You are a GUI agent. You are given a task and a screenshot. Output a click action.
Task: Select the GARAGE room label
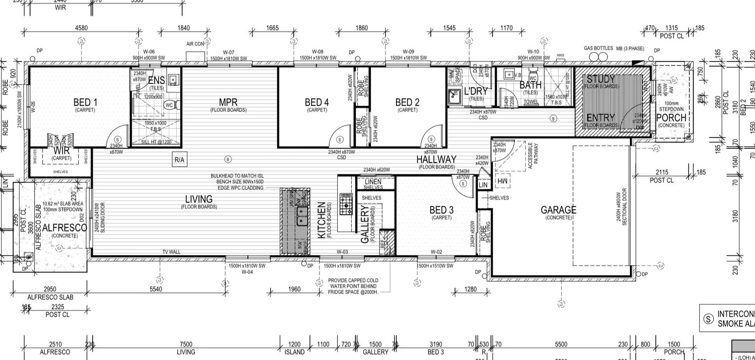(558, 210)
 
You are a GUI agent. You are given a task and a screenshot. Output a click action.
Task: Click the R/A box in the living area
(179, 160)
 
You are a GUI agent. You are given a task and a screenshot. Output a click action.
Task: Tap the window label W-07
(228, 52)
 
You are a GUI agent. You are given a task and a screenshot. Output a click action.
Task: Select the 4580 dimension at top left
(81, 28)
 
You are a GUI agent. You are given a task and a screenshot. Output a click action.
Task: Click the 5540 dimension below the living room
(156, 289)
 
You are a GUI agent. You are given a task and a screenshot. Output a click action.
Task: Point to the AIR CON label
(195, 44)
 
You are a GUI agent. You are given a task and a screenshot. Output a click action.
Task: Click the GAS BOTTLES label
(598, 48)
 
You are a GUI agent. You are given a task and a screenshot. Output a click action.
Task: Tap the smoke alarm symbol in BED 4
(340, 140)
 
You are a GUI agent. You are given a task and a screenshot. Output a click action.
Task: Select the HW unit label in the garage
(503, 181)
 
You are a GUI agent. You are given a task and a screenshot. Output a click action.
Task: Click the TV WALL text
(171, 252)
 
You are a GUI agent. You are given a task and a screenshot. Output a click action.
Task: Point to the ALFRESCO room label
(64, 228)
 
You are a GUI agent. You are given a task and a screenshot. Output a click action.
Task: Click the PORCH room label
(671, 118)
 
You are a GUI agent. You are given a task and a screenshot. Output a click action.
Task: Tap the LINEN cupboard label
(373, 182)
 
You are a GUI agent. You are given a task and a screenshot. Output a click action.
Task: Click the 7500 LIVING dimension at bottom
(186, 345)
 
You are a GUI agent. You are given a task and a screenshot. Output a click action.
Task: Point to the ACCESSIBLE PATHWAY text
(533, 156)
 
